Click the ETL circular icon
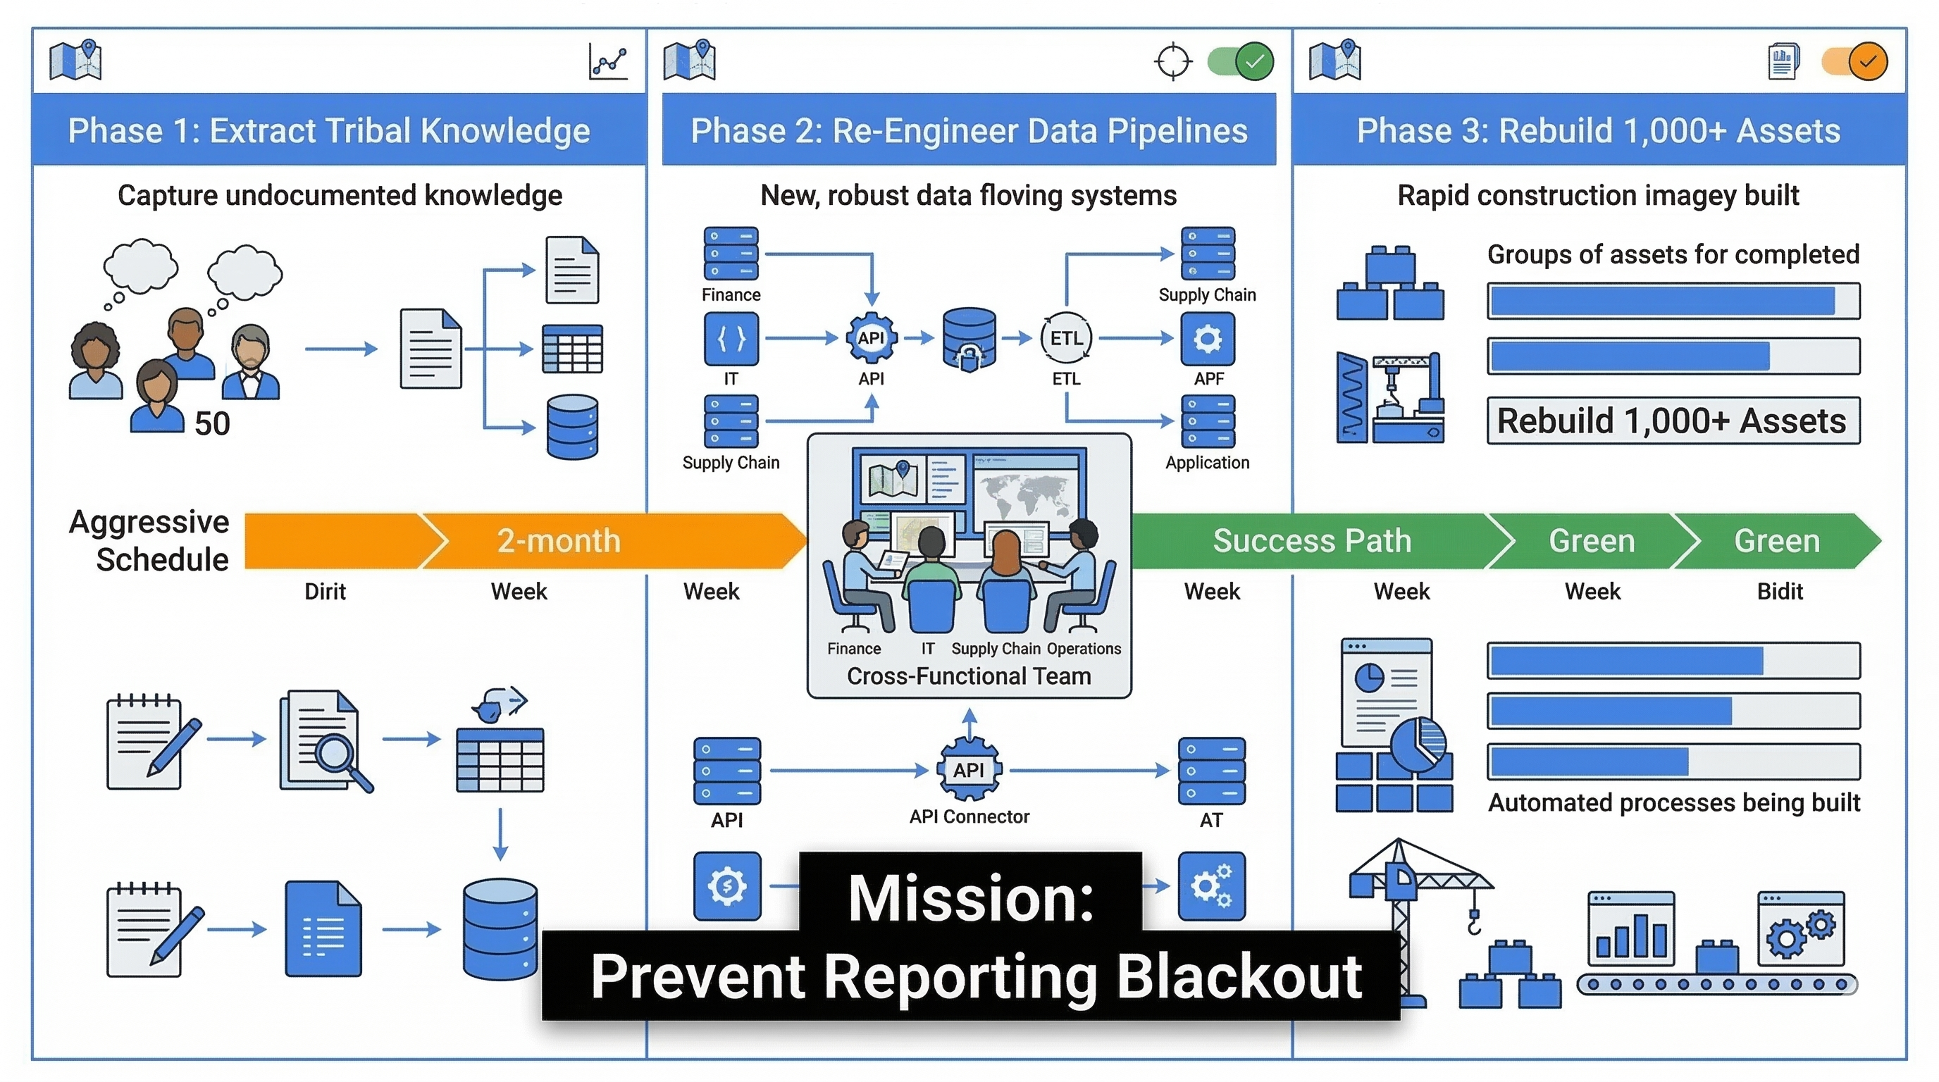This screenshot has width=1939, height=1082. click(x=1066, y=339)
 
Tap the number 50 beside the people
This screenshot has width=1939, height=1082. click(x=211, y=423)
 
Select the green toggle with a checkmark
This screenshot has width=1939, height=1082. click(x=1241, y=62)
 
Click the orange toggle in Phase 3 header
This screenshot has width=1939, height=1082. click(x=1854, y=62)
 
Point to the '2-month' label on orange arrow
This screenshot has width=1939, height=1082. click(x=559, y=541)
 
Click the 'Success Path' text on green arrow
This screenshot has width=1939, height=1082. click(x=1312, y=541)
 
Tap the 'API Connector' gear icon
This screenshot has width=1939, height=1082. click(x=969, y=770)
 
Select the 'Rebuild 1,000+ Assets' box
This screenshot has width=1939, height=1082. click(x=1673, y=421)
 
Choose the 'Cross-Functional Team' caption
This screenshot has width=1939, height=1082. click(x=969, y=676)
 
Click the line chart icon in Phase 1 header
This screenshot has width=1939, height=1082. click(x=608, y=62)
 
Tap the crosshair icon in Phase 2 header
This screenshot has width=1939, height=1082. click(x=1172, y=62)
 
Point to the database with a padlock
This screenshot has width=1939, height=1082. click(x=969, y=340)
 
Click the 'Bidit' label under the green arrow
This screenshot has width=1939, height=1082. click(x=1780, y=592)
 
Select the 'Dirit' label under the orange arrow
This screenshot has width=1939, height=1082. click(x=326, y=592)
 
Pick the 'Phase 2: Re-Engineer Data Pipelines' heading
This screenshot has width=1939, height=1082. click(x=969, y=130)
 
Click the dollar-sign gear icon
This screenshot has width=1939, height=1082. click(x=727, y=885)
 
